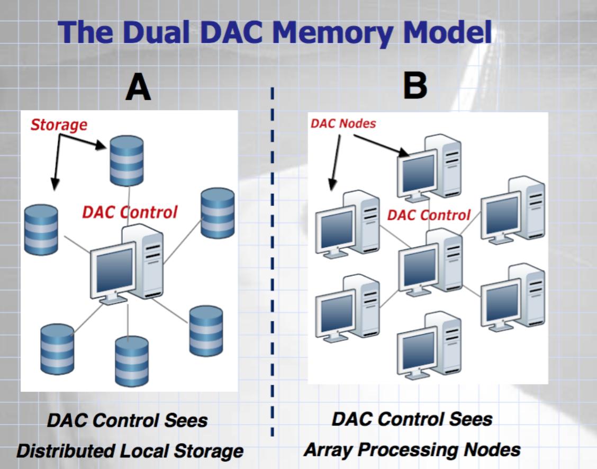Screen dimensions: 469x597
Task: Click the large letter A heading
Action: click(138, 88)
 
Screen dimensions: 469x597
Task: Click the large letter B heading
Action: click(415, 85)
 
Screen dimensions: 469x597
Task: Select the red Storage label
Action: click(58, 125)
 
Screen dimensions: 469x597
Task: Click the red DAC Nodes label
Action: click(343, 124)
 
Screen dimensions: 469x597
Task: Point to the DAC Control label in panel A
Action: click(130, 212)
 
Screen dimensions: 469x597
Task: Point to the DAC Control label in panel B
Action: click(429, 215)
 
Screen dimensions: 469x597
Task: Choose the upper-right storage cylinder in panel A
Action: click(218, 213)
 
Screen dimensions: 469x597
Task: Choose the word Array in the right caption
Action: click(329, 449)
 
